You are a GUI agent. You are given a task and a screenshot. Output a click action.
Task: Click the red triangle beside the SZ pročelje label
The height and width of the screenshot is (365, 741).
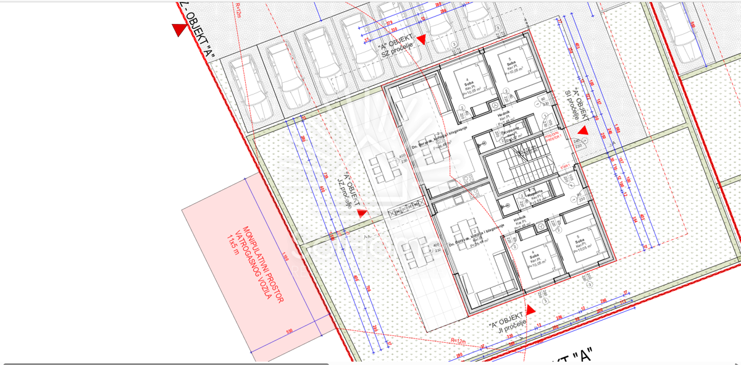[422, 40]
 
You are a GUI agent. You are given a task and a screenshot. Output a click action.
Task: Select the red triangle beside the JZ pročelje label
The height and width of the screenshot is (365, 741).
[362, 212]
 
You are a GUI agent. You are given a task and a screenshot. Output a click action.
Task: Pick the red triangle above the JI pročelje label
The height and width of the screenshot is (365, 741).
[529, 309]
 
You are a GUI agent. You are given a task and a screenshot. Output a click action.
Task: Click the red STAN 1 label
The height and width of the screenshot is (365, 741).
[563, 166]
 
